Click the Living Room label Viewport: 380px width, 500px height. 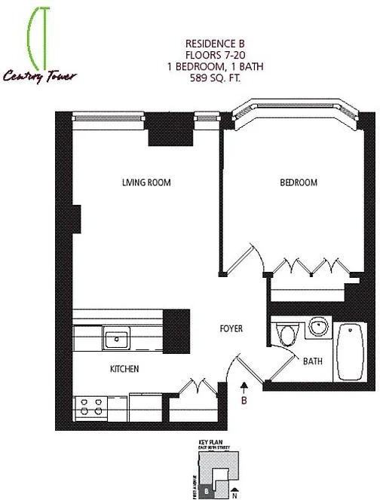(x=146, y=182)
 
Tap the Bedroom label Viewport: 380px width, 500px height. (x=299, y=182)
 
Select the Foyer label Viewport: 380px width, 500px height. (x=231, y=329)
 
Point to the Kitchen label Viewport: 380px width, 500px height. (x=125, y=369)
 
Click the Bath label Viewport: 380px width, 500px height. (x=313, y=361)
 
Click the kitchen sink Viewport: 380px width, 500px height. (x=117, y=340)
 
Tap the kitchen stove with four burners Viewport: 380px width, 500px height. (x=90, y=407)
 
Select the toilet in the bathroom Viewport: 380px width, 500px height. (x=285, y=334)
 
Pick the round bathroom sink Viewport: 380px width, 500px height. (x=318, y=328)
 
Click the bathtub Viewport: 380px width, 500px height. (x=351, y=352)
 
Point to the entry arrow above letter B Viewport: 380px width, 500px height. (x=244, y=387)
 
